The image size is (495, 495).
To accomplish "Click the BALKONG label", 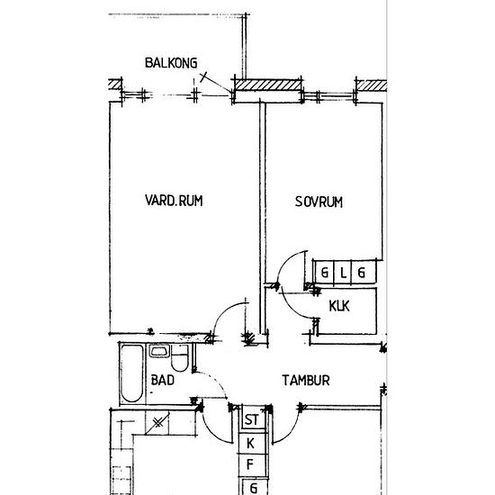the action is coord(171,63).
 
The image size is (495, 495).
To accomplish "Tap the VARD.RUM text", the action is coord(174,201).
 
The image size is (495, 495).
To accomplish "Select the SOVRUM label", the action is coord(319,202).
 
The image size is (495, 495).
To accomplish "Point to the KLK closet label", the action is coord(339,306).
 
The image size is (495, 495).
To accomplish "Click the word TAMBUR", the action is coord(306,380).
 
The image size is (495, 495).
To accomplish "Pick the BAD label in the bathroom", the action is coord(163,380).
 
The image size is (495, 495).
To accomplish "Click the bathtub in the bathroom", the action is coord(131,373).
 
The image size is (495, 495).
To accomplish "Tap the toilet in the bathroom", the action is coord(180,358).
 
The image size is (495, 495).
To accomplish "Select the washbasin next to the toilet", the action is coord(159,351).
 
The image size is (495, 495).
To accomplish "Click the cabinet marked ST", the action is coord(252,419).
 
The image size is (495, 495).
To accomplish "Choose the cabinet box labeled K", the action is coord(252,443).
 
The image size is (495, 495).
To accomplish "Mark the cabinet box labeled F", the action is coord(252,464).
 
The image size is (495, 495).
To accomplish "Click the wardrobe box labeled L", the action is coord(343,272).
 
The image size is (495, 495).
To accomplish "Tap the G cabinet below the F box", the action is coord(254,488).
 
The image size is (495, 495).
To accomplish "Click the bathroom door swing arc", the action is coord(212,383).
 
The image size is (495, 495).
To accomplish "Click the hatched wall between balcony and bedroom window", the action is coord(267,85).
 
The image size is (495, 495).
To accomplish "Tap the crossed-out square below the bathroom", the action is coord(157,422).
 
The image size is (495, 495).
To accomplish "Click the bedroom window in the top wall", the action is coord(328,96).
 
